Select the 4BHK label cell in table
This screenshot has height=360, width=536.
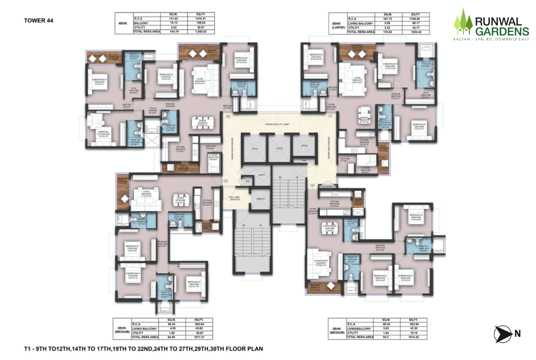pos(123,23)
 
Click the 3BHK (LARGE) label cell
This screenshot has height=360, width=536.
pos(338,23)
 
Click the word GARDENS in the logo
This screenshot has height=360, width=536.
pos(501,30)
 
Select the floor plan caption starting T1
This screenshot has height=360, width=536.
pos(144,348)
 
